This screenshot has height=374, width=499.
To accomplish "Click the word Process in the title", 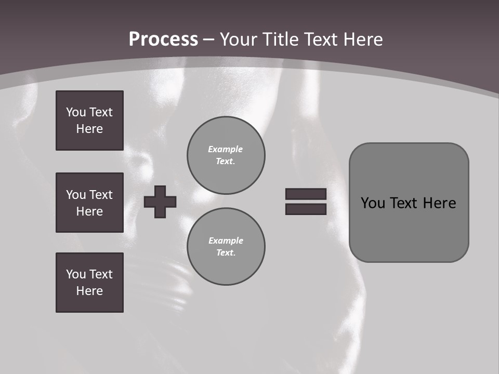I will [163, 39].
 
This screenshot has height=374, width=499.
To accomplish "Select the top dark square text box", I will [89, 121].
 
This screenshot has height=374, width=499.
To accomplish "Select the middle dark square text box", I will [89, 203].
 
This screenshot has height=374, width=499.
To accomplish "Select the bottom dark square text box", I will [89, 283].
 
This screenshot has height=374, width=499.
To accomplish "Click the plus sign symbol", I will [160, 202].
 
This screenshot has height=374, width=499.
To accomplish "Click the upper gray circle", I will [226, 155].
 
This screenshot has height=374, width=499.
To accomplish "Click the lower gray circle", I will [226, 247].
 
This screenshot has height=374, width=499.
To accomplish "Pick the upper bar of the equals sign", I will [306, 194].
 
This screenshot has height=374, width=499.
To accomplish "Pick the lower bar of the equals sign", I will [306, 209].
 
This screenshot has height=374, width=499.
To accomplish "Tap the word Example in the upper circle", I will [226, 149].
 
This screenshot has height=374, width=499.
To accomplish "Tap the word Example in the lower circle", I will [226, 241].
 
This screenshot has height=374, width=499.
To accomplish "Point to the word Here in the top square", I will [89, 129].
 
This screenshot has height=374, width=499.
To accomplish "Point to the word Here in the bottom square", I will [89, 291].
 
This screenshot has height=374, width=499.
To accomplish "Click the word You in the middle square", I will [75, 195].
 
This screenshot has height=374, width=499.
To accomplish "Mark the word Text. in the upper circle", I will [226, 161].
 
